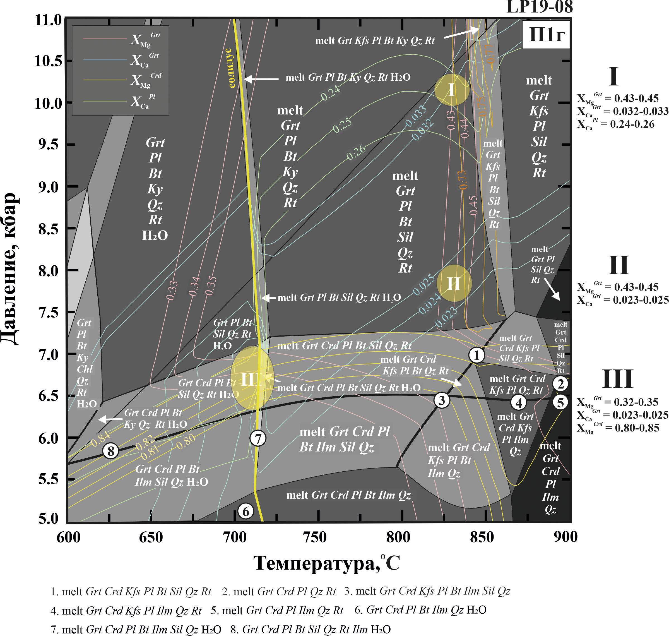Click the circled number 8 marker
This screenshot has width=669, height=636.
(x=111, y=451)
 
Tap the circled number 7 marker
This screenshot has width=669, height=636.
(x=258, y=438)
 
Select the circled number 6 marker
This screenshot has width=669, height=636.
(x=246, y=511)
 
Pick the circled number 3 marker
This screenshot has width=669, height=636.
(x=442, y=400)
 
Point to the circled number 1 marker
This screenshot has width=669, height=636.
(x=477, y=355)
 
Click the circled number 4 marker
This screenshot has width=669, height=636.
(x=519, y=402)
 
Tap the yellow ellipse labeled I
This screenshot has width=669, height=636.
(x=452, y=90)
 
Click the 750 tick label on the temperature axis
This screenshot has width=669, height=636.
(x=315, y=537)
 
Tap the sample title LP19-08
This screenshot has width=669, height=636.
(x=539, y=7)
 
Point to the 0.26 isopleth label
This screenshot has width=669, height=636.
(x=356, y=152)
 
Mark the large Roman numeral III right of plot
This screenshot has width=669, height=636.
(x=617, y=379)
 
